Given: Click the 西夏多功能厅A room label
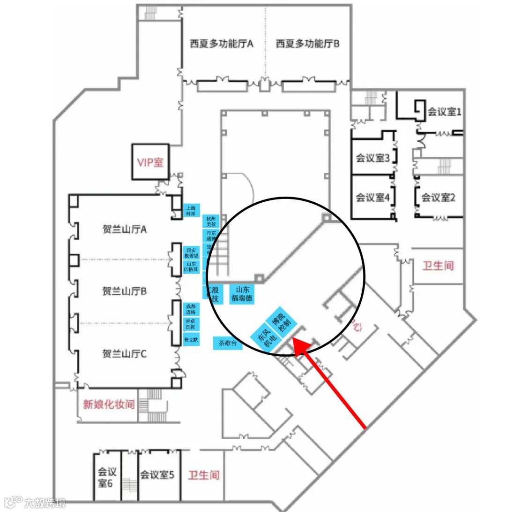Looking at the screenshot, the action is pos(222,44).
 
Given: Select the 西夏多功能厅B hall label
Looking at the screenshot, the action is pos(307,44).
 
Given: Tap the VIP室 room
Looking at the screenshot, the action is pos(150,162).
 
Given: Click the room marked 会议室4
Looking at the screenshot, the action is pos(373,198).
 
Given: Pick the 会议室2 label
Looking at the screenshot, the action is pos(439,198).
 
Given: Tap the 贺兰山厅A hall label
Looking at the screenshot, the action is pos(125,229).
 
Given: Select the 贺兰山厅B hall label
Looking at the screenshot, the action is pos(125,291).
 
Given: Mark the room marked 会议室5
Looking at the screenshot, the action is pos(157,475).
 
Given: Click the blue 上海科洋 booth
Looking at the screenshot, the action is pos(191,210).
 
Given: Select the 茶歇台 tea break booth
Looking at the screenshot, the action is pos(227,344).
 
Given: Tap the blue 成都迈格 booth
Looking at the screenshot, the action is pos(191,309).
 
